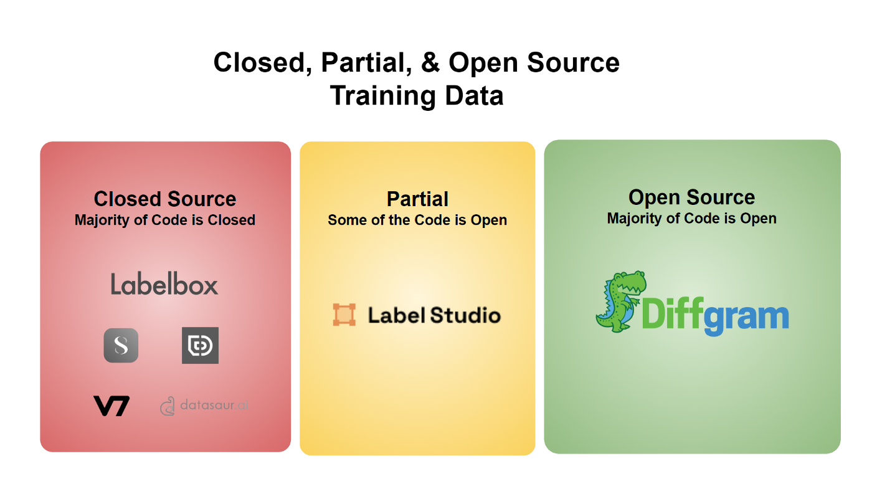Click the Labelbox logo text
point(164,283)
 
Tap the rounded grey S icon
point(121,345)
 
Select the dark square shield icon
point(200,345)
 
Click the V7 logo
point(111,406)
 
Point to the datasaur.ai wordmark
point(214,405)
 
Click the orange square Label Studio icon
point(344,315)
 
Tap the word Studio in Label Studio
point(465,315)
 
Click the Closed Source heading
point(165,199)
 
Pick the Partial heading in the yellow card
point(417,199)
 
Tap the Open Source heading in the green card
point(692,197)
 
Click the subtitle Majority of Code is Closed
point(165,220)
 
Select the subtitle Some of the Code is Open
point(417,220)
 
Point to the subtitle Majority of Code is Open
point(692,219)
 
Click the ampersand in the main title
point(430,62)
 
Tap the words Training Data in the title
point(417,96)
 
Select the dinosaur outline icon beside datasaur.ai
point(168,406)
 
